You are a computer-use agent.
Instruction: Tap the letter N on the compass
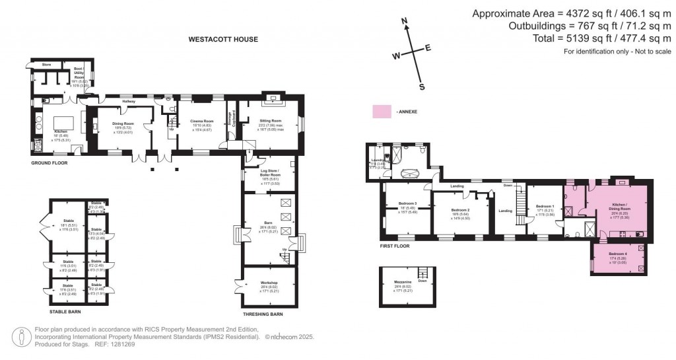(x=404, y=22)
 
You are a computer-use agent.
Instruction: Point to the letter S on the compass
(x=422, y=87)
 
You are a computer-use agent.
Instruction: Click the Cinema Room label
(x=202, y=122)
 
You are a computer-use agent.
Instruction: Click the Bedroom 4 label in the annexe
(x=618, y=254)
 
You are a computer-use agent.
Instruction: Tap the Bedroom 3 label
(x=407, y=203)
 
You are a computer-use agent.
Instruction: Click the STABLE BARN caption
(x=69, y=310)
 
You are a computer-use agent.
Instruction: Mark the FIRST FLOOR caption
(x=395, y=246)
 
